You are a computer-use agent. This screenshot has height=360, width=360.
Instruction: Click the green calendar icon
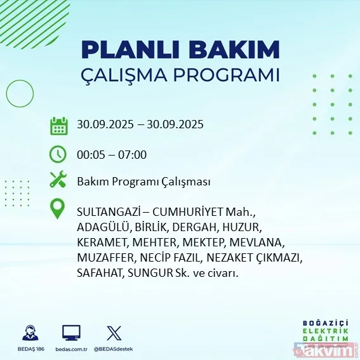[x=58, y=125]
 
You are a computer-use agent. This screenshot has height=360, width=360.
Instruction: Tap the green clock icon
[x=58, y=154]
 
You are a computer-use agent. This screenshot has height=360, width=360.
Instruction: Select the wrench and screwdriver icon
[x=58, y=182]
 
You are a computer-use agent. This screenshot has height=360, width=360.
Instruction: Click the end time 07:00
[x=133, y=154]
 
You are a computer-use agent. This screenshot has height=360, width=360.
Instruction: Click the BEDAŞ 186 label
[x=29, y=349]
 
